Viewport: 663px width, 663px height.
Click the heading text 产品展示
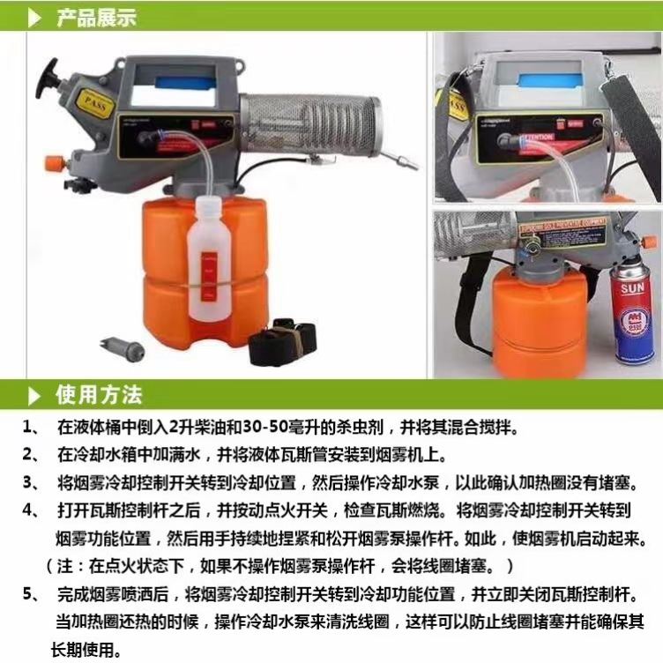click(x=97, y=18)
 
